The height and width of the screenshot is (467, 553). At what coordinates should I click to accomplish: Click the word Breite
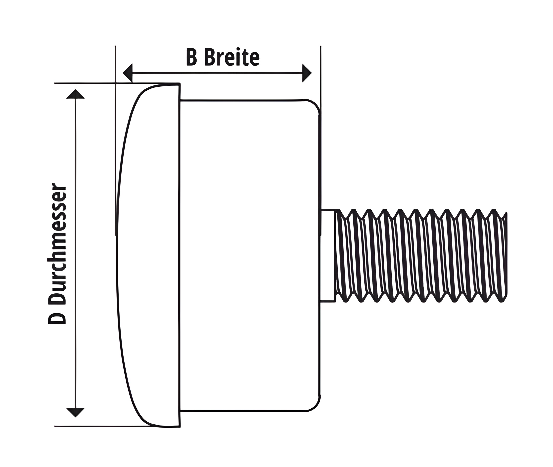pyautogui.click(x=232, y=57)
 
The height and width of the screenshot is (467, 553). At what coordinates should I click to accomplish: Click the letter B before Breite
pyautogui.click(x=192, y=57)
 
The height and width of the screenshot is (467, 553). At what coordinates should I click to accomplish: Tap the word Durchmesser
pyautogui.click(x=57, y=243)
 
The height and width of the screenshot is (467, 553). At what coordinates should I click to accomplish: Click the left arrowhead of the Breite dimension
pyautogui.click(x=128, y=73)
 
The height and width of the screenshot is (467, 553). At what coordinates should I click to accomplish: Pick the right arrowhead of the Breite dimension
pyautogui.click(x=307, y=73)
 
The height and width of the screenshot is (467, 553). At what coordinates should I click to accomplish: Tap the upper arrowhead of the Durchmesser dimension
pyautogui.click(x=76, y=94)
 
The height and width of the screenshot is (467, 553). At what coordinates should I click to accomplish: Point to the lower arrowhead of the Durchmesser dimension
pyautogui.click(x=76, y=412)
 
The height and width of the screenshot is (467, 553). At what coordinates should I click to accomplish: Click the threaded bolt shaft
pyautogui.click(x=421, y=255)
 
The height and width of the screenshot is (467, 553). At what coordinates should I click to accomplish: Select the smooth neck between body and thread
pyautogui.click(x=328, y=255)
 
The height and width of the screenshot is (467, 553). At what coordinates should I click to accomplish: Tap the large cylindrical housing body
pyautogui.click(x=250, y=255)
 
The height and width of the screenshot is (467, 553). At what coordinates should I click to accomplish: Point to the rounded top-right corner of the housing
pyautogui.click(x=315, y=105)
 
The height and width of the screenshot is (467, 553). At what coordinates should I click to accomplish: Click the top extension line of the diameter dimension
pyautogui.click(x=117, y=83)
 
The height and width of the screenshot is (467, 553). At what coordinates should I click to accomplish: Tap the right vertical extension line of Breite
pyautogui.click(x=321, y=140)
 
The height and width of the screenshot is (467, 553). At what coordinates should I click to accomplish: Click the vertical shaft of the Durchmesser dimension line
pyautogui.click(x=76, y=253)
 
